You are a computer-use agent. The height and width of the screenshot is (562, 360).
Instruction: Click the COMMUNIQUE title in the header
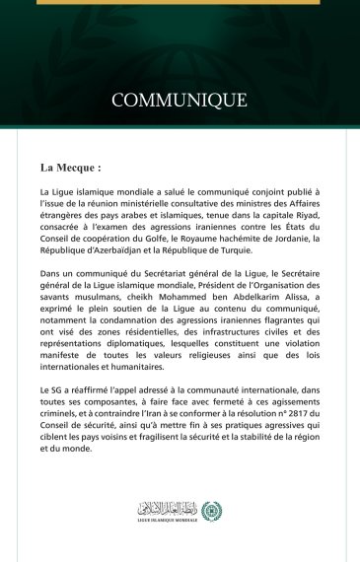coord(180,100)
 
